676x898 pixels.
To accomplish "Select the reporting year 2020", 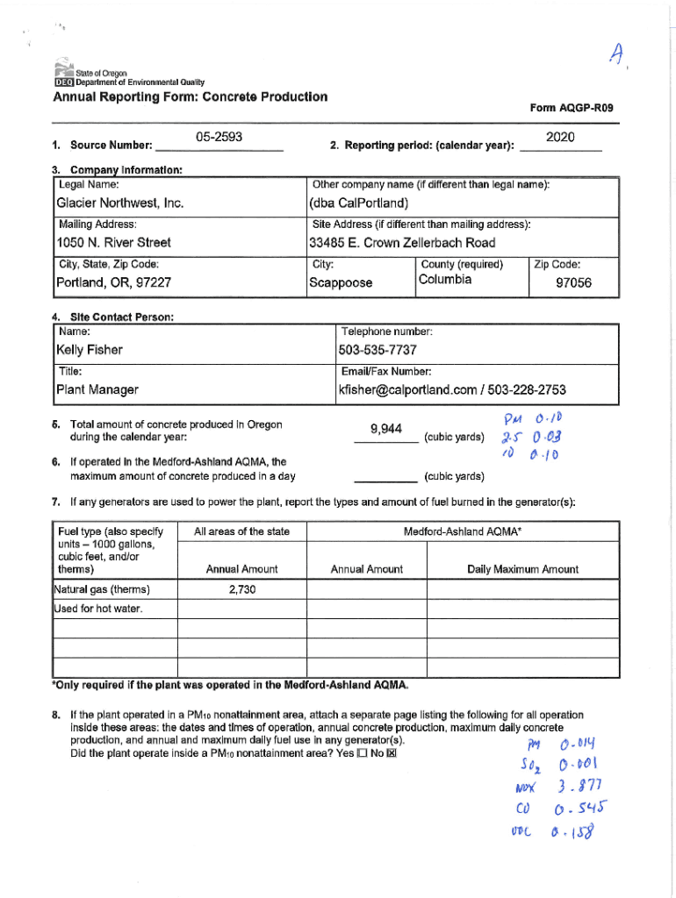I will pos(559,139).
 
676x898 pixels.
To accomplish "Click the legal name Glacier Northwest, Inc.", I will pos(119,203).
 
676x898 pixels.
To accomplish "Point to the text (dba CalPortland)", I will pos(359,203).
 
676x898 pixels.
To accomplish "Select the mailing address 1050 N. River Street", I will pos(113,243).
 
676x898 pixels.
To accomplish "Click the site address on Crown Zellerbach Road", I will pos(402,243).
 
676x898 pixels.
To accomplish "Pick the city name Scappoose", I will pos(341,283).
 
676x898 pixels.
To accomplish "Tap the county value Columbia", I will pos(446,280).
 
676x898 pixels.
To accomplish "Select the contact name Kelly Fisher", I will pos(90,350).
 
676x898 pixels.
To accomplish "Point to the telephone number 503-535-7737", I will pos(378,350).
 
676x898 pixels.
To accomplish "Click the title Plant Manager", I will pos(97,389).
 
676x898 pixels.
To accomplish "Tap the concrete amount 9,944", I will pos(386,429).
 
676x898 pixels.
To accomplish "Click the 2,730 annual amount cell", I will pos(241,589).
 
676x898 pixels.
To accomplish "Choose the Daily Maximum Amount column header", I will pos(522,569).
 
